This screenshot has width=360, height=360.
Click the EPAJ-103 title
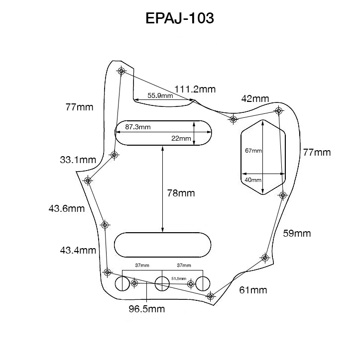pyautogui.click(x=180, y=18)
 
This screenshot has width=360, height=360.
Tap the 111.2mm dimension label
pyautogui.click(x=195, y=89)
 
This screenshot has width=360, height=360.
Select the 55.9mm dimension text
pyautogui.click(x=160, y=95)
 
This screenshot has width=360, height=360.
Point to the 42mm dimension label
pyautogui.click(x=255, y=98)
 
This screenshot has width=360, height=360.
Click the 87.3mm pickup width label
pyautogui.click(x=137, y=127)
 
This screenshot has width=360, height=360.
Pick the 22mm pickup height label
pyautogui.click(x=180, y=138)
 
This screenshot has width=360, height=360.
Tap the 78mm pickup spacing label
pyautogui.click(x=180, y=193)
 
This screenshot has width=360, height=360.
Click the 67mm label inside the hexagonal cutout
pyautogui.click(x=253, y=150)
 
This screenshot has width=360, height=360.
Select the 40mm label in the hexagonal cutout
pyautogui.click(x=252, y=180)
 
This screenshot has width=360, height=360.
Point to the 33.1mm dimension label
pyautogui.click(x=78, y=160)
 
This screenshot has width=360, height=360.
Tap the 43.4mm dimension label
pyautogui.click(x=78, y=250)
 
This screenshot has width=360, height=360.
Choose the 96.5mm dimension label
pyautogui.click(x=146, y=309)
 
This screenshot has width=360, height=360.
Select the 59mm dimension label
pyautogui.click(x=297, y=233)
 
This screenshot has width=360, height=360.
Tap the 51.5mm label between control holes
pyautogui.click(x=178, y=279)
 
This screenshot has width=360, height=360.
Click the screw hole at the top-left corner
pyautogui.click(x=121, y=71)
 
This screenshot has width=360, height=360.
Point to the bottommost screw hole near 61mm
pyautogui.click(x=211, y=296)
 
